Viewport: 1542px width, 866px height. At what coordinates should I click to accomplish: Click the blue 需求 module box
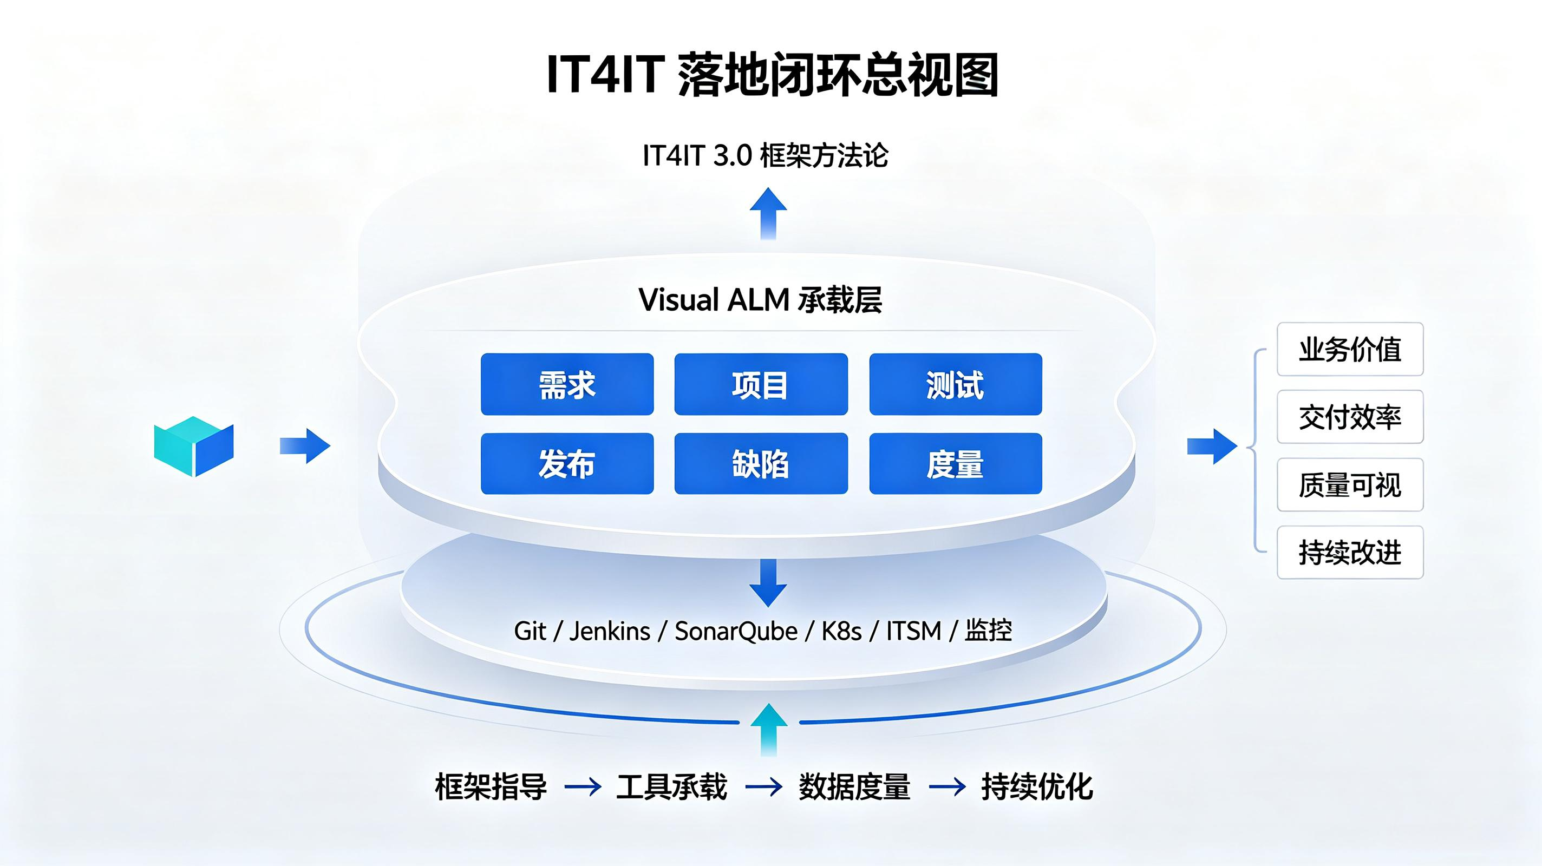point(567,384)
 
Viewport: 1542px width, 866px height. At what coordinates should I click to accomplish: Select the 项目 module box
point(761,384)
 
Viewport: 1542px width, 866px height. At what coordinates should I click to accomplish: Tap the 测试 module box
point(956,384)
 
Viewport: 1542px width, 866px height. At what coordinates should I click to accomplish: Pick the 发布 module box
point(567,464)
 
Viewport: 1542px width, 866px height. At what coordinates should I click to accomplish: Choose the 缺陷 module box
point(761,464)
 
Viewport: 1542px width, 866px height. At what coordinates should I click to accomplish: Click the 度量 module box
point(956,464)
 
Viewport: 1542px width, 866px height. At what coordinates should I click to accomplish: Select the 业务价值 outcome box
point(1350,350)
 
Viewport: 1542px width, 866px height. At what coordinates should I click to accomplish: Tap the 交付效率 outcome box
point(1350,417)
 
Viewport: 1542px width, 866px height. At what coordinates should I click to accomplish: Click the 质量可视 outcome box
point(1350,485)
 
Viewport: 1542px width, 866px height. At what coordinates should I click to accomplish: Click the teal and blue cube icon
point(193,446)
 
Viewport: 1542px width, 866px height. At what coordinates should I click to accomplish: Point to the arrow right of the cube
point(305,446)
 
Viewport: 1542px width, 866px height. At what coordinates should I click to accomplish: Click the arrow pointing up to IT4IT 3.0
point(769,214)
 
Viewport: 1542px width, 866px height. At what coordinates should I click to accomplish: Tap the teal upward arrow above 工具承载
point(769,730)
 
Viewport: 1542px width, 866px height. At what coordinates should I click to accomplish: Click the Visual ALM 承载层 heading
point(760,300)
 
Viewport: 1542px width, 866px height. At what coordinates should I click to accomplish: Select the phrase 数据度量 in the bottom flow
point(854,786)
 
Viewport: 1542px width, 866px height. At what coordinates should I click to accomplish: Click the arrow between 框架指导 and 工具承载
point(583,787)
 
